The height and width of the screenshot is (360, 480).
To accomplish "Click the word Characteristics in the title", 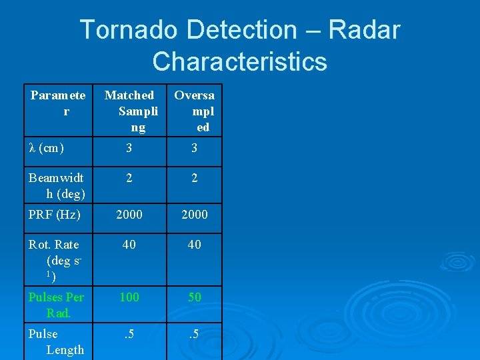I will [x=239, y=62].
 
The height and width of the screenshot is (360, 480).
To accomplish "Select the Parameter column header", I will [x=57, y=103].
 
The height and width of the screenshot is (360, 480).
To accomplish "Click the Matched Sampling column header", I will [x=129, y=111].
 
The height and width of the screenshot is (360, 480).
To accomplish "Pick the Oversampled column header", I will [x=194, y=111].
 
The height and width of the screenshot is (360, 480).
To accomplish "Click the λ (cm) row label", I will [x=46, y=148].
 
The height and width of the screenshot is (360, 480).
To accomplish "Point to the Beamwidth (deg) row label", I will [x=56, y=185].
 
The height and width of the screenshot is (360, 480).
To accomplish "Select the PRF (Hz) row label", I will [x=54, y=215].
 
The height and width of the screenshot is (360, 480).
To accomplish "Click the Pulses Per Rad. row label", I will [x=56, y=304].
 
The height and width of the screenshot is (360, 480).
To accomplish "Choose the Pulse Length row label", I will [x=56, y=341].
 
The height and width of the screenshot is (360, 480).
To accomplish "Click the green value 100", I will [x=129, y=297].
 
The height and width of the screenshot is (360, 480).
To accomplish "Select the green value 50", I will [x=194, y=297].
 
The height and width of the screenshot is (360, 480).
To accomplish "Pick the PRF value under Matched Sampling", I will [x=129, y=215].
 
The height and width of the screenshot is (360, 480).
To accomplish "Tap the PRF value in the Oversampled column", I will [x=194, y=215].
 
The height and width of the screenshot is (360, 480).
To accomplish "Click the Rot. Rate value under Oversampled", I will [x=194, y=245].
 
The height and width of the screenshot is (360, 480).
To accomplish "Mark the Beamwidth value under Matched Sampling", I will [x=129, y=178].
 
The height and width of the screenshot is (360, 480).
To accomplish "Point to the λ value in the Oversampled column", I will [x=194, y=148].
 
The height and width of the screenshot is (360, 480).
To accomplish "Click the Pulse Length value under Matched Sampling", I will [x=129, y=334].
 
